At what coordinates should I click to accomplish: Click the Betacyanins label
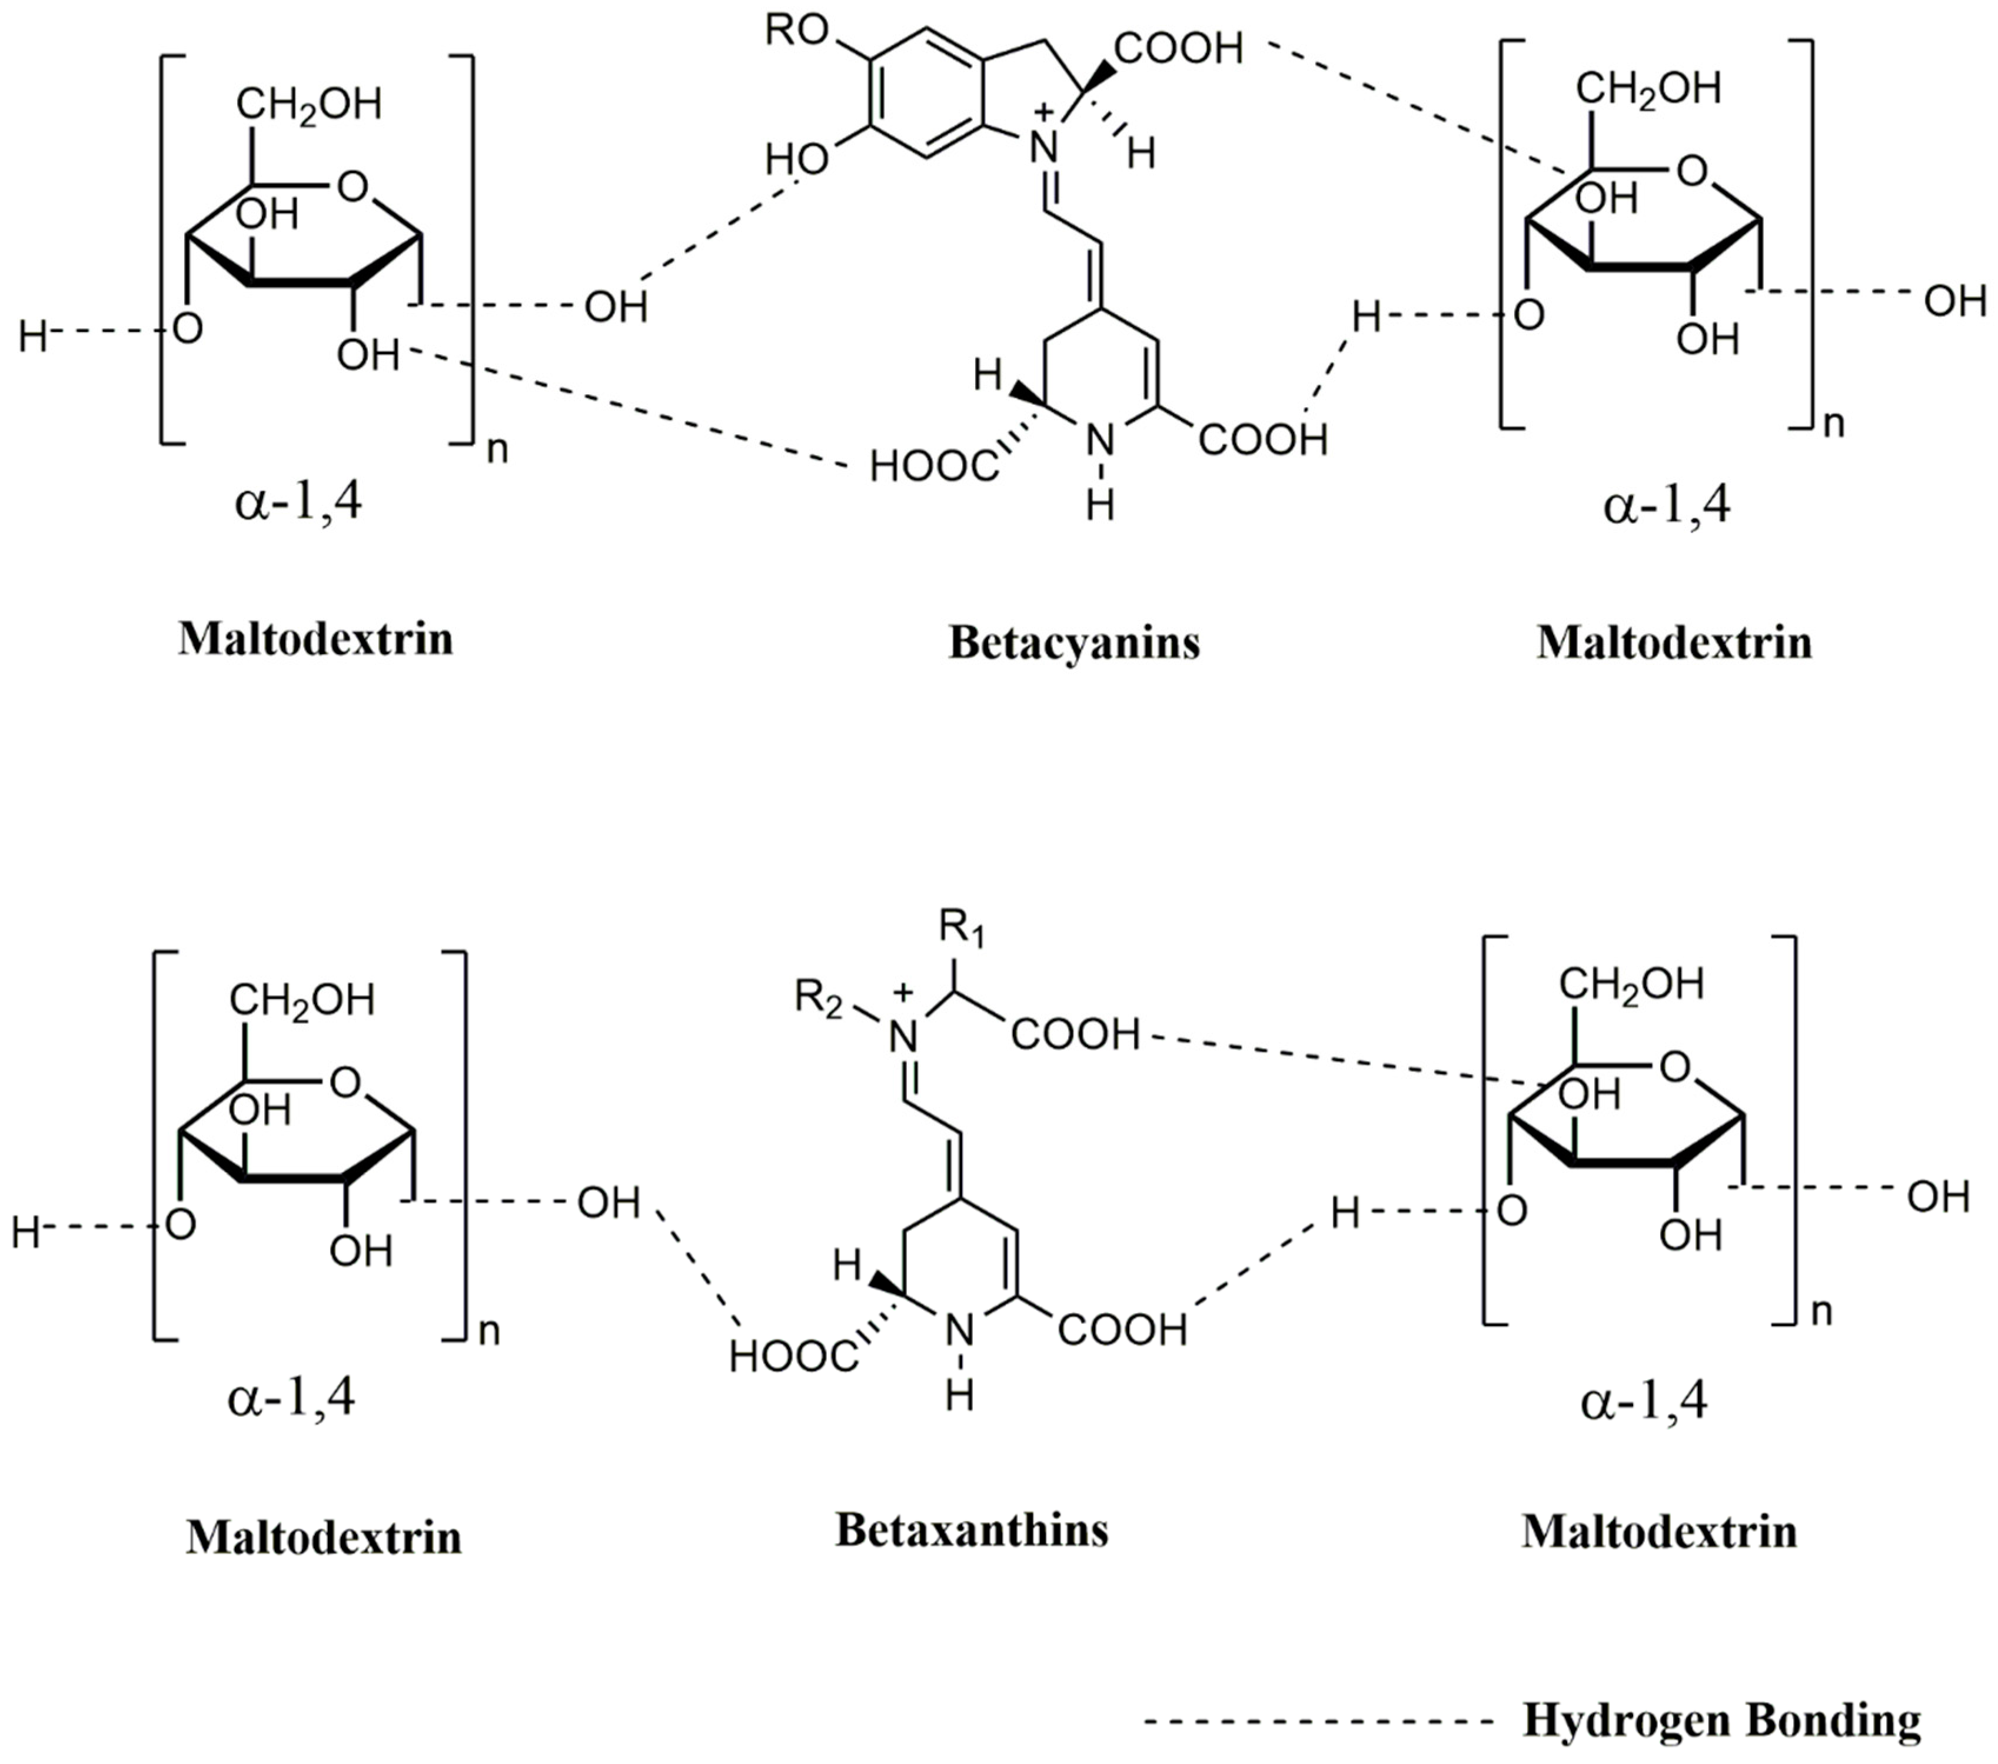coord(1073,643)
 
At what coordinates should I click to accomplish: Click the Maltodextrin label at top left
coord(315,639)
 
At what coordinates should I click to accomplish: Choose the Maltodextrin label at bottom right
coord(1659,1532)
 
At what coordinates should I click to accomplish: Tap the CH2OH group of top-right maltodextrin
coord(1647,89)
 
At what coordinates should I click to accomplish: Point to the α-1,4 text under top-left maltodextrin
coord(298,503)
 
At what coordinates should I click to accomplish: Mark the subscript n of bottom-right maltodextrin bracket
coord(1821,1312)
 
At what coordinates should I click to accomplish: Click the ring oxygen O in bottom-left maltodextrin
coord(345,1083)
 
